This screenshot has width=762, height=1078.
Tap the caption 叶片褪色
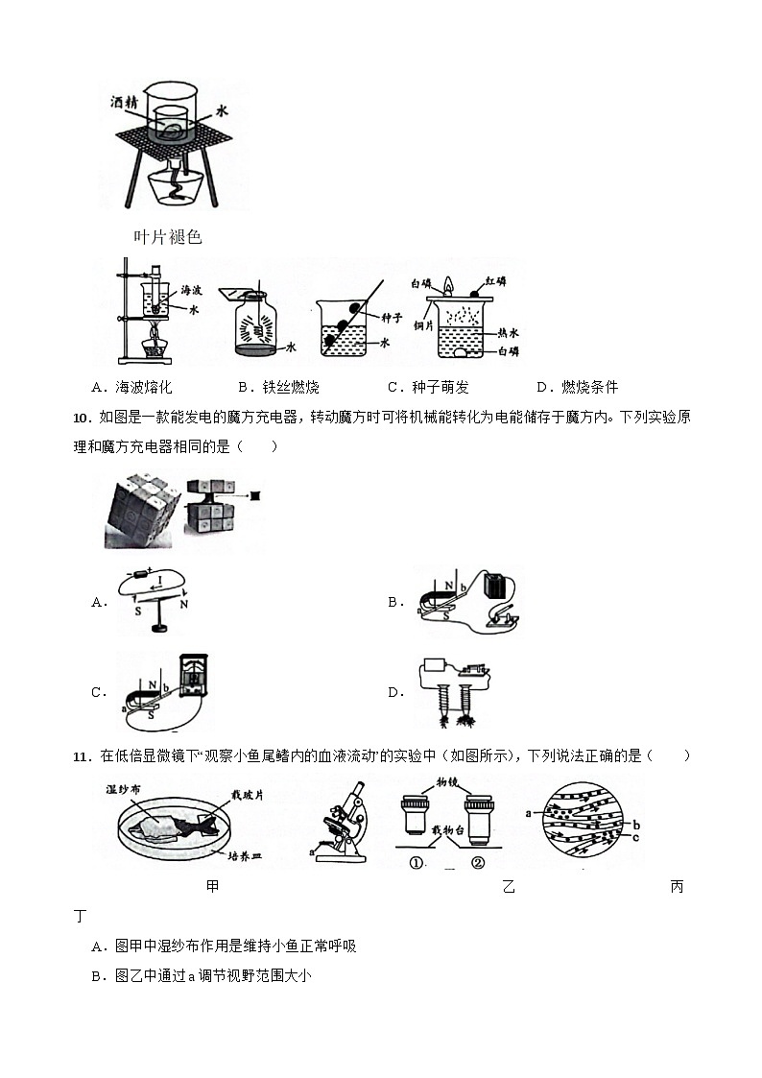168,237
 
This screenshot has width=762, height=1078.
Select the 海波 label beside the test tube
191,289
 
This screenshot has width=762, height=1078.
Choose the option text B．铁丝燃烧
278,387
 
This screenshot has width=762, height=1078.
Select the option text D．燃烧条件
577,387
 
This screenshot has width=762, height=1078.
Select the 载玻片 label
237,795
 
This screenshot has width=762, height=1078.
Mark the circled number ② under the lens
478,862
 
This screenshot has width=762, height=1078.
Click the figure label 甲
212,886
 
